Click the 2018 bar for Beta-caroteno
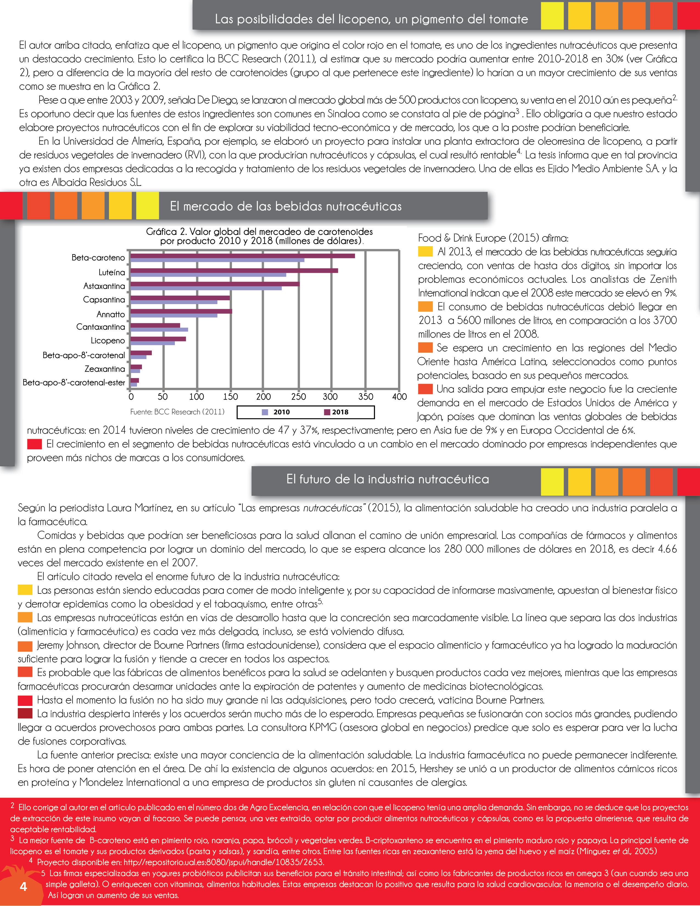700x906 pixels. click(243, 256)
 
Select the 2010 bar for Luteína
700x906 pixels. click(208, 275)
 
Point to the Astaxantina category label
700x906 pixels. click(104, 286)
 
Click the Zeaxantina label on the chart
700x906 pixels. click(105, 369)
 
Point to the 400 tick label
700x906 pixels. click(399, 397)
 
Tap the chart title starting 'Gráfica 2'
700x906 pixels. click(259, 236)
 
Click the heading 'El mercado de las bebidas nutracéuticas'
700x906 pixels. click(285, 206)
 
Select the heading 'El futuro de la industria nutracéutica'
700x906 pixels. click(388, 479)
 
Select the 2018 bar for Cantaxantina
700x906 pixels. click(155, 325)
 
